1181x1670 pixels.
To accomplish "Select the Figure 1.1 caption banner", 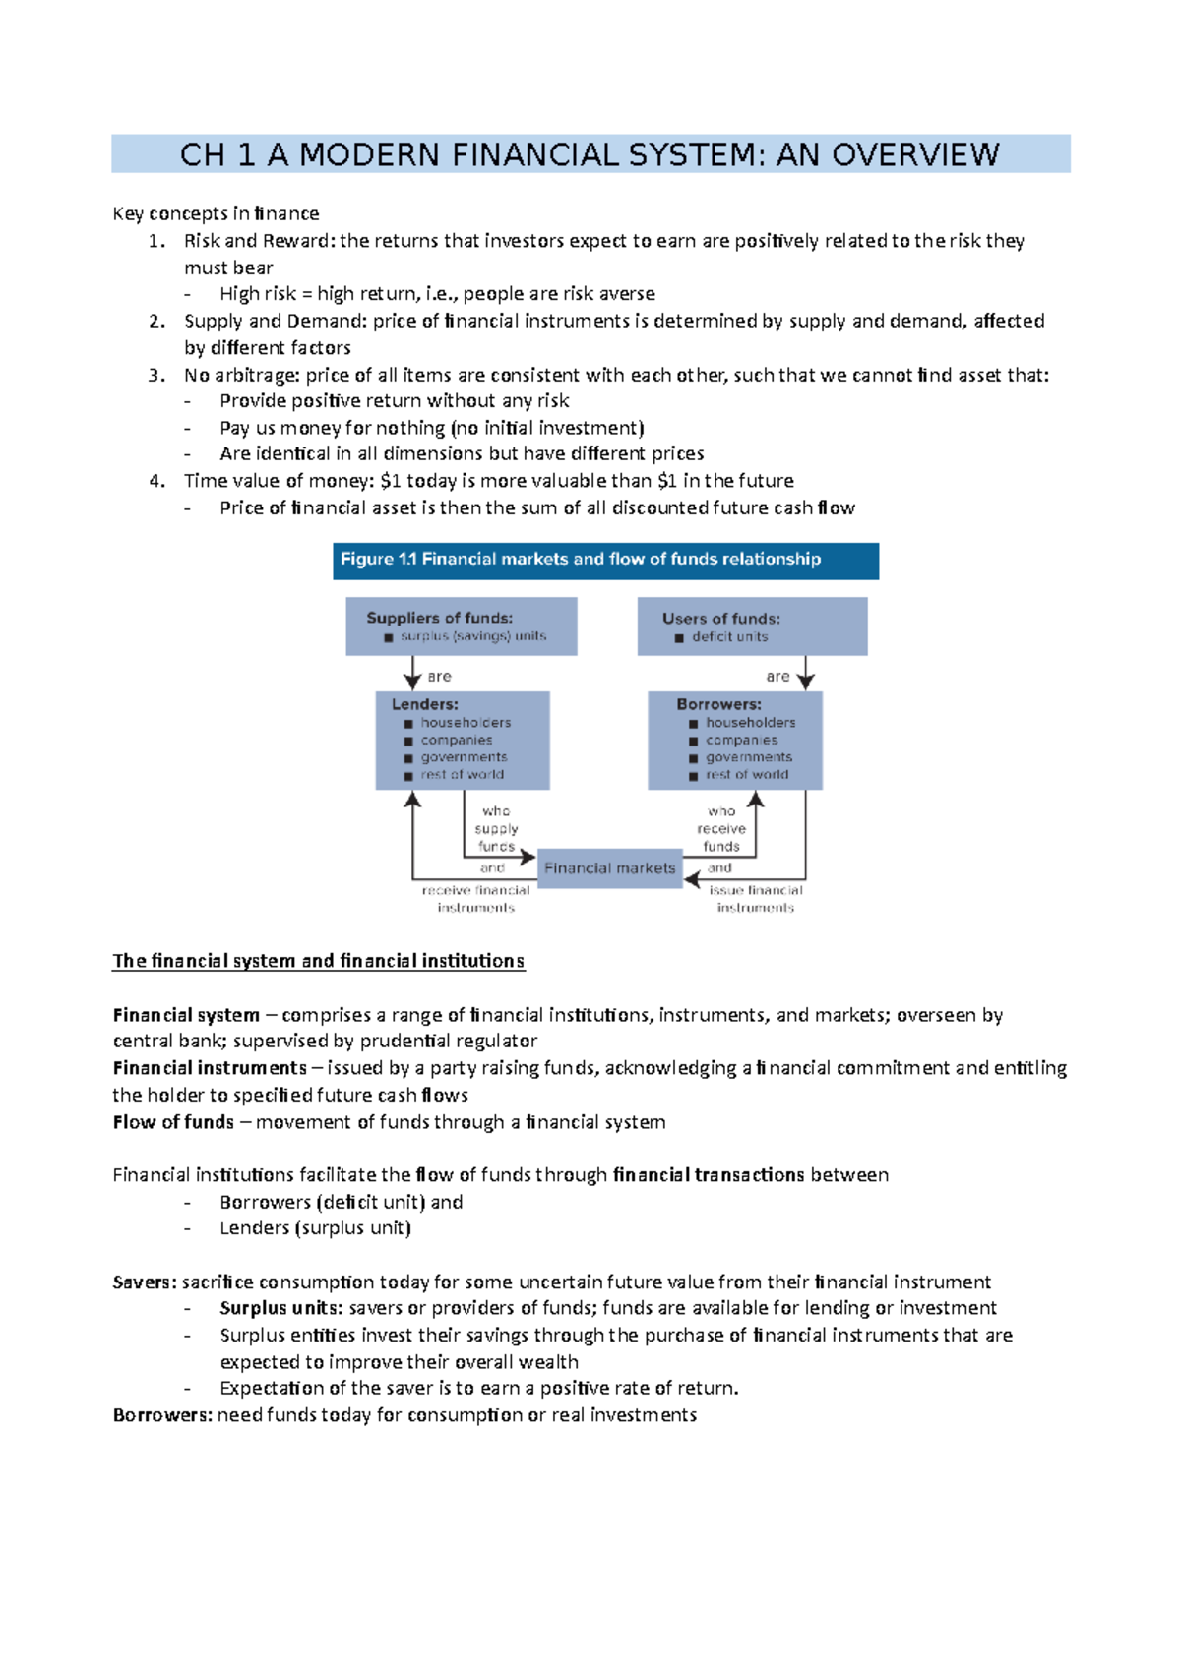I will pos(605,560).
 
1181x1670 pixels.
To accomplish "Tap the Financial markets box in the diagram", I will pos(609,868).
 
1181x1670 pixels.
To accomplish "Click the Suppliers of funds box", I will pos(461,626).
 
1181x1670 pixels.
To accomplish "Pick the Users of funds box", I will pos(752,626).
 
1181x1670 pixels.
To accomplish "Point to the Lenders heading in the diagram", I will pos(424,704).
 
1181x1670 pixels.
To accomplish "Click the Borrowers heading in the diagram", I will pos(718,704).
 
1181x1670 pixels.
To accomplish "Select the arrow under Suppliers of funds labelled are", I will pos(412,675).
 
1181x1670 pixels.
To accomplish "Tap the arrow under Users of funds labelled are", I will pos(806,675).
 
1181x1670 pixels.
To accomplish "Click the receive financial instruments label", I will pos(475,898).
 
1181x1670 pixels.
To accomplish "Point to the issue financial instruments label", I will pos(755,898).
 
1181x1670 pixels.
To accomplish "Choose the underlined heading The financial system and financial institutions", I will pos(318,961).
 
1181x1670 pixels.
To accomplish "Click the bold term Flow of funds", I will pos(173,1122).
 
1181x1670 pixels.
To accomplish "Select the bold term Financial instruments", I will pos(210,1068).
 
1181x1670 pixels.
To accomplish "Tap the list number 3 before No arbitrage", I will pos(155,375).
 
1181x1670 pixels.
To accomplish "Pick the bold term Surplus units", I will pos(280,1308).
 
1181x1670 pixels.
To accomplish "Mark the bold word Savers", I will pos(144,1282).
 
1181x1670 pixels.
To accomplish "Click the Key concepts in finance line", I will pos(216,213).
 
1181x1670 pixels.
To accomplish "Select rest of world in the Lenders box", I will pos(462,775).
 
